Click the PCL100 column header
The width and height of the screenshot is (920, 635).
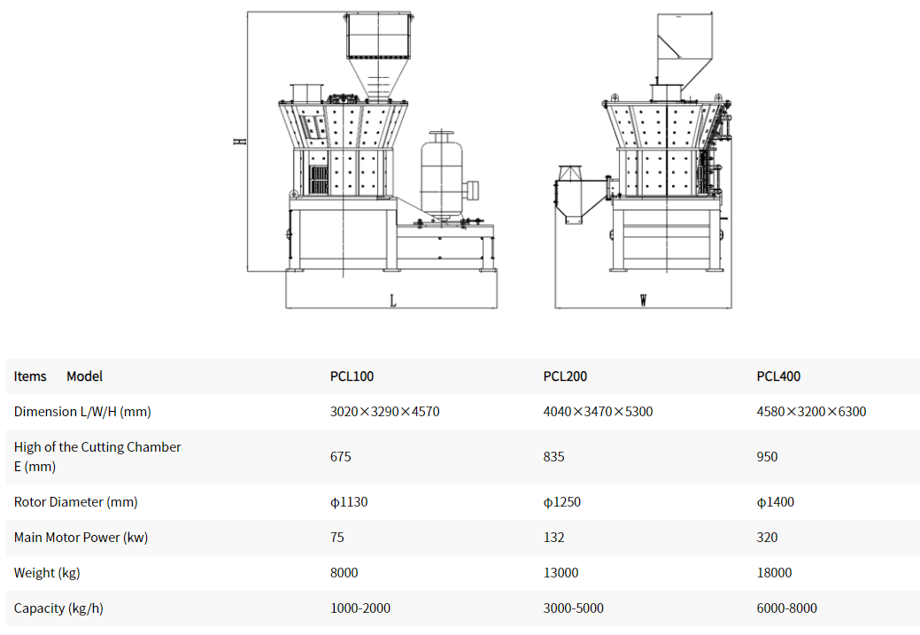[x=352, y=376]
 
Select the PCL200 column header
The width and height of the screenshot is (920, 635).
[x=565, y=376]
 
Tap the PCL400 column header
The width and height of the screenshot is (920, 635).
[x=778, y=376]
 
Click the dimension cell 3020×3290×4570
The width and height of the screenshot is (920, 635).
[x=385, y=412]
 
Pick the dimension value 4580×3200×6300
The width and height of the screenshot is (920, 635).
[x=811, y=412]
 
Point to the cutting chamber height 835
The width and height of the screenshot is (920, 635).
[x=554, y=457]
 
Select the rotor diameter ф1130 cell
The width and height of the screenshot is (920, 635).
[x=349, y=502]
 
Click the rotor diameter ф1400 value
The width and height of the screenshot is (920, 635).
[x=775, y=502]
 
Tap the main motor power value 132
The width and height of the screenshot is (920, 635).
[x=554, y=537]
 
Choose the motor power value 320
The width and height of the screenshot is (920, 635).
[x=767, y=537]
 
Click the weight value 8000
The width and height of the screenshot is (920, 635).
[x=344, y=572]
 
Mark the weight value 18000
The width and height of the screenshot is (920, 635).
[x=774, y=572]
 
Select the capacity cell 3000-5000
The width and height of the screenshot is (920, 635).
[x=573, y=608]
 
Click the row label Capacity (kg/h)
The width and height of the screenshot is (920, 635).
[x=58, y=608]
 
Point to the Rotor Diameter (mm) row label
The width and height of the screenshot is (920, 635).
[x=75, y=502]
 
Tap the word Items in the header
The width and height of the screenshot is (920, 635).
[x=30, y=376]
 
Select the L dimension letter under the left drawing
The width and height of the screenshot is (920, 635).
[x=393, y=301]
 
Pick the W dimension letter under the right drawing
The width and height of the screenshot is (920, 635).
[x=644, y=300]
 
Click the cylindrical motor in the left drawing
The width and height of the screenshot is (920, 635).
[x=442, y=176]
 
